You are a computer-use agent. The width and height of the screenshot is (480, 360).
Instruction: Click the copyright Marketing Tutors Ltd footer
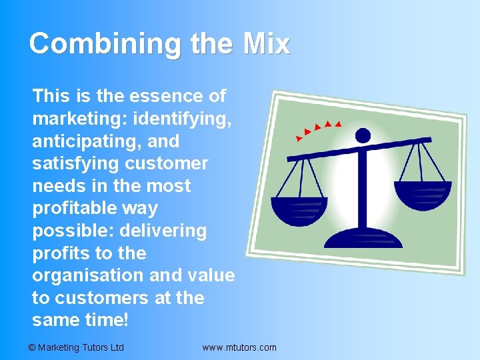coord(77,347)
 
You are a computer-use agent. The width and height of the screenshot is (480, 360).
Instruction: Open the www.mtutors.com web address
coord(239,347)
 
